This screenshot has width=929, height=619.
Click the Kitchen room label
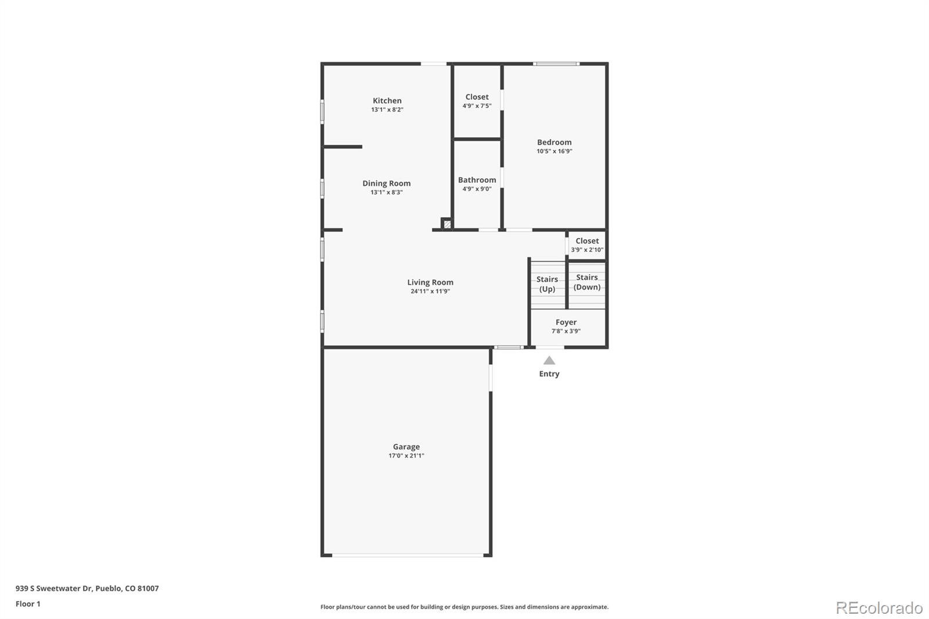(387, 100)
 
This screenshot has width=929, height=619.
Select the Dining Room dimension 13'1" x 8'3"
(387, 192)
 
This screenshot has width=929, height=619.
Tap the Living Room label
(430, 282)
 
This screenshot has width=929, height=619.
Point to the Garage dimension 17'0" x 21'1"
(406, 456)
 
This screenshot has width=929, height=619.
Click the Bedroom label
(554, 142)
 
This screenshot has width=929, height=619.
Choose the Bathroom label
(477, 180)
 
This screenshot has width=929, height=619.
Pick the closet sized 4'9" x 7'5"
(477, 101)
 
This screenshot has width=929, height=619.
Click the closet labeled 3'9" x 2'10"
(587, 245)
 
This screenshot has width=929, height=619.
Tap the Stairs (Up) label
(547, 284)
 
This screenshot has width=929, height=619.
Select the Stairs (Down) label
(587, 282)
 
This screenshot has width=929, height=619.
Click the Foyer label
(566, 322)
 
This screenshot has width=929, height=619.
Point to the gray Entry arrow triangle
(549, 361)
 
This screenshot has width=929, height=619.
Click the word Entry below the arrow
(549, 374)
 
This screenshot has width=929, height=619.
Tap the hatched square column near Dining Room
(447, 224)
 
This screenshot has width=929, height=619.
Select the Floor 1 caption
(28, 604)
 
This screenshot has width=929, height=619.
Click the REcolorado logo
(878, 607)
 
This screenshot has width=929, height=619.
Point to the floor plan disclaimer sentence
(464, 607)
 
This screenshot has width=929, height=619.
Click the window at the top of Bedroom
(556, 63)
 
